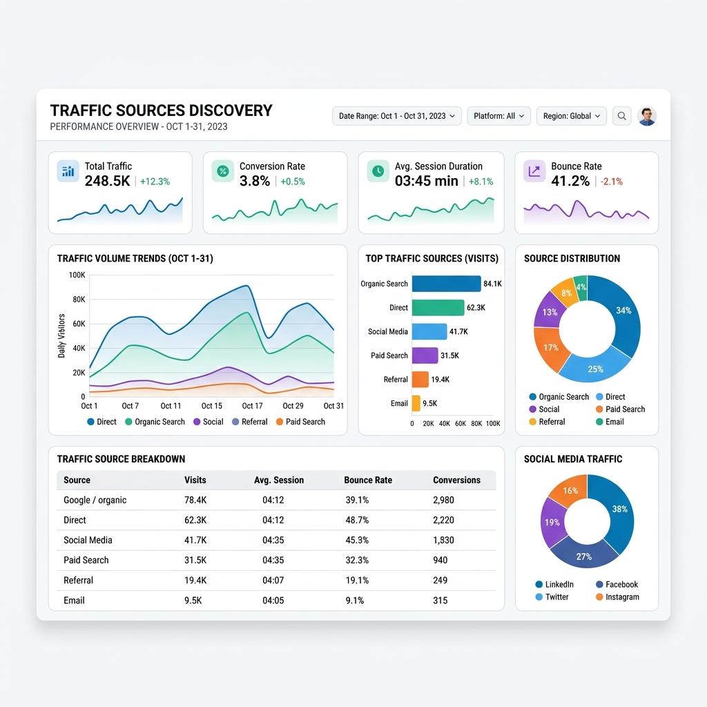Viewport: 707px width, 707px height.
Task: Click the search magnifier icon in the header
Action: pos(621,116)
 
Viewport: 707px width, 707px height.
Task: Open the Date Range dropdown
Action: pos(397,116)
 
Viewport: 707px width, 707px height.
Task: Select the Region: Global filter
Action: pos(571,116)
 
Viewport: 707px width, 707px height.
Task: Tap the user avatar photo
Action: pos(647,116)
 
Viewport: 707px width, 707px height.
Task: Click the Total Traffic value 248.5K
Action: pos(107,181)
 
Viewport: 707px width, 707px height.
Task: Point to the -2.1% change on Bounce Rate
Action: pos(612,182)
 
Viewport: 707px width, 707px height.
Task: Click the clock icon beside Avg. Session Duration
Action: pos(378,171)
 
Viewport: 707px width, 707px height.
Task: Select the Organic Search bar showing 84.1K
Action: pos(447,284)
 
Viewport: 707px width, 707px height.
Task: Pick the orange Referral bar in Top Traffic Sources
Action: pos(420,379)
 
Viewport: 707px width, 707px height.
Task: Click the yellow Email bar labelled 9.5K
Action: pos(416,403)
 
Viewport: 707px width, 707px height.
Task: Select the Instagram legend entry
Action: pos(617,597)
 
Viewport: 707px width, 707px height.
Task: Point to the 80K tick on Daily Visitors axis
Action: pos(79,300)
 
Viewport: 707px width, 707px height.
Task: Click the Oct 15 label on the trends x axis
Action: pos(211,406)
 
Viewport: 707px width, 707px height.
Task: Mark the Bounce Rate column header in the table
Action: pos(368,481)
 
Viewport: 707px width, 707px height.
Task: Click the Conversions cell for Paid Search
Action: pos(440,560)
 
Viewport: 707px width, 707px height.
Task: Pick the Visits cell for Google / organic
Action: pos(195,500)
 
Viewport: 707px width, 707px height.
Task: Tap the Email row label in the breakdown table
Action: pos(74,600)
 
